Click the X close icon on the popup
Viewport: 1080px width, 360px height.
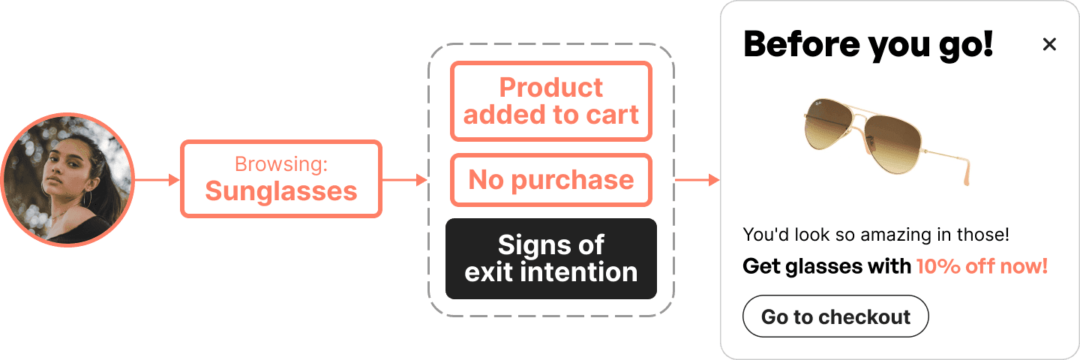pyautogui.click(x=1049, y=45)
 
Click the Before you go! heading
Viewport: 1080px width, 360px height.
pyautogui.click(x=868, y=44)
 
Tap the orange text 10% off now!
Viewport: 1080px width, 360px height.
pyautogui.click(x=982, y=266)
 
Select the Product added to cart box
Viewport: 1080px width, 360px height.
pyautogui.click(x=551, y=101)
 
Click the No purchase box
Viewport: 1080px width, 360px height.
pyautogui.click(x=551, y=180)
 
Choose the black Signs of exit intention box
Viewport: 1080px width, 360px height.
pyautogui.click(x=551, y=259)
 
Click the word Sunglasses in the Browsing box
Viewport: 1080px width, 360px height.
pyautogui.click(x=281, y=191)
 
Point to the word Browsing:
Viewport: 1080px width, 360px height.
pyautogui.click(x=281, y=164)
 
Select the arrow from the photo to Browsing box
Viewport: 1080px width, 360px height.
pyautogui.click(x=157, y=180)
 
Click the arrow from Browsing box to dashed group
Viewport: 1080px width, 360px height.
pyautogui.click(x=404, y=180)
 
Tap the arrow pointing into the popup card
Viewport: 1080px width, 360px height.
pyautogui.click(x=697, y=180)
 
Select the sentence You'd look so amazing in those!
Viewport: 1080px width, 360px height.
pyautogui.click(x=876, y=235)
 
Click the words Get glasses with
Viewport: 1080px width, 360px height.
pyautogui.click(x=826, y=266)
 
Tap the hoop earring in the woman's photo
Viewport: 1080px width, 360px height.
pyautogui.click(x=88, y=199)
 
